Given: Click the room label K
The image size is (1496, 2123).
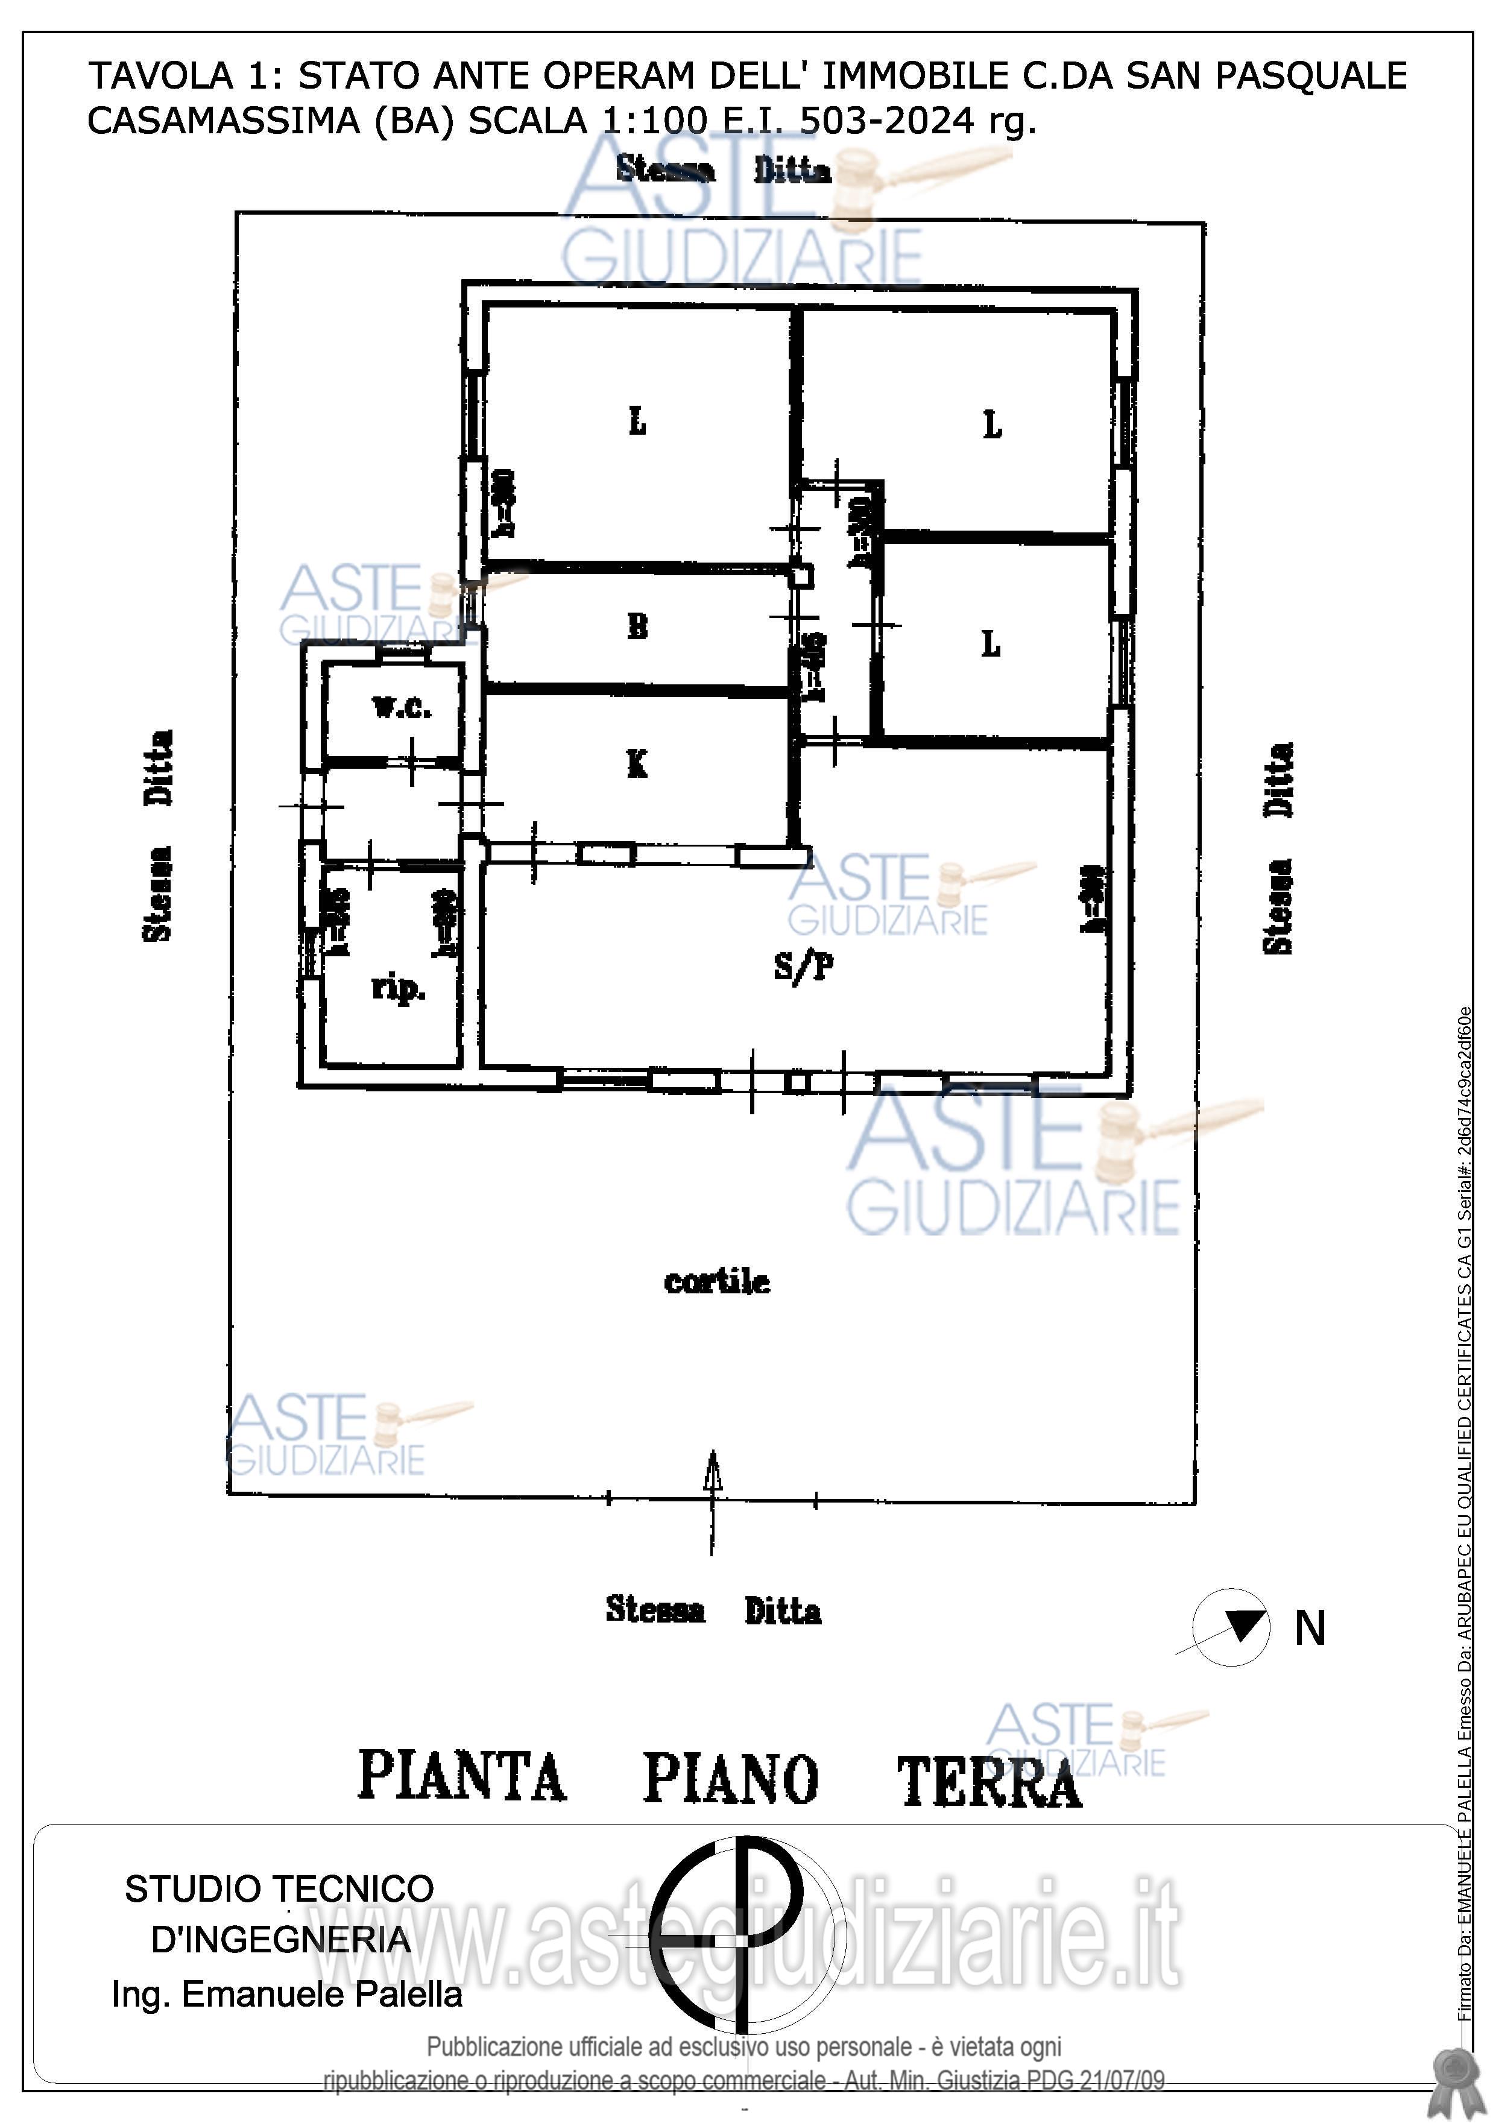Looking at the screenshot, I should [x=637, y=764].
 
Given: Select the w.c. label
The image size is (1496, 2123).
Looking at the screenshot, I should [x=401, y=708].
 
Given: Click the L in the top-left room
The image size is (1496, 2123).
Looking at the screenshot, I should [x=637, y=423].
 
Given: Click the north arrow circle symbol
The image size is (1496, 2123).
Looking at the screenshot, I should [x=1231, y=1627].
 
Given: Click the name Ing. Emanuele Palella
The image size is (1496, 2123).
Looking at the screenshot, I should [x=286, y=1995].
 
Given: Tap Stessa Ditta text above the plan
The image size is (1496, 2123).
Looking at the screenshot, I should [x=724, y=170].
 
